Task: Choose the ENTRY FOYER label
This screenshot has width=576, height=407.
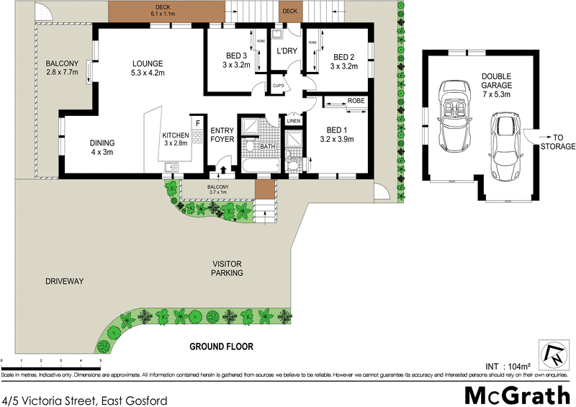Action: pos(222,135)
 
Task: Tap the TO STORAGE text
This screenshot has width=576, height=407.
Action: pos(559,141)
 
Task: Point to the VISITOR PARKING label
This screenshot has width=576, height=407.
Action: pos(227,269)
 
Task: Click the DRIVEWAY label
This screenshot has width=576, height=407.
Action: pos(65,281)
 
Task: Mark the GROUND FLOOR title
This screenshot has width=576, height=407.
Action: pos(221,346)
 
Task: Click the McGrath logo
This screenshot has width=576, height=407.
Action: pos(516,395)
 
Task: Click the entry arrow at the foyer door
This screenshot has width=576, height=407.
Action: pos(221,170)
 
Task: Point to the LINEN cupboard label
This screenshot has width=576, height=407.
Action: pos(293,120)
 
